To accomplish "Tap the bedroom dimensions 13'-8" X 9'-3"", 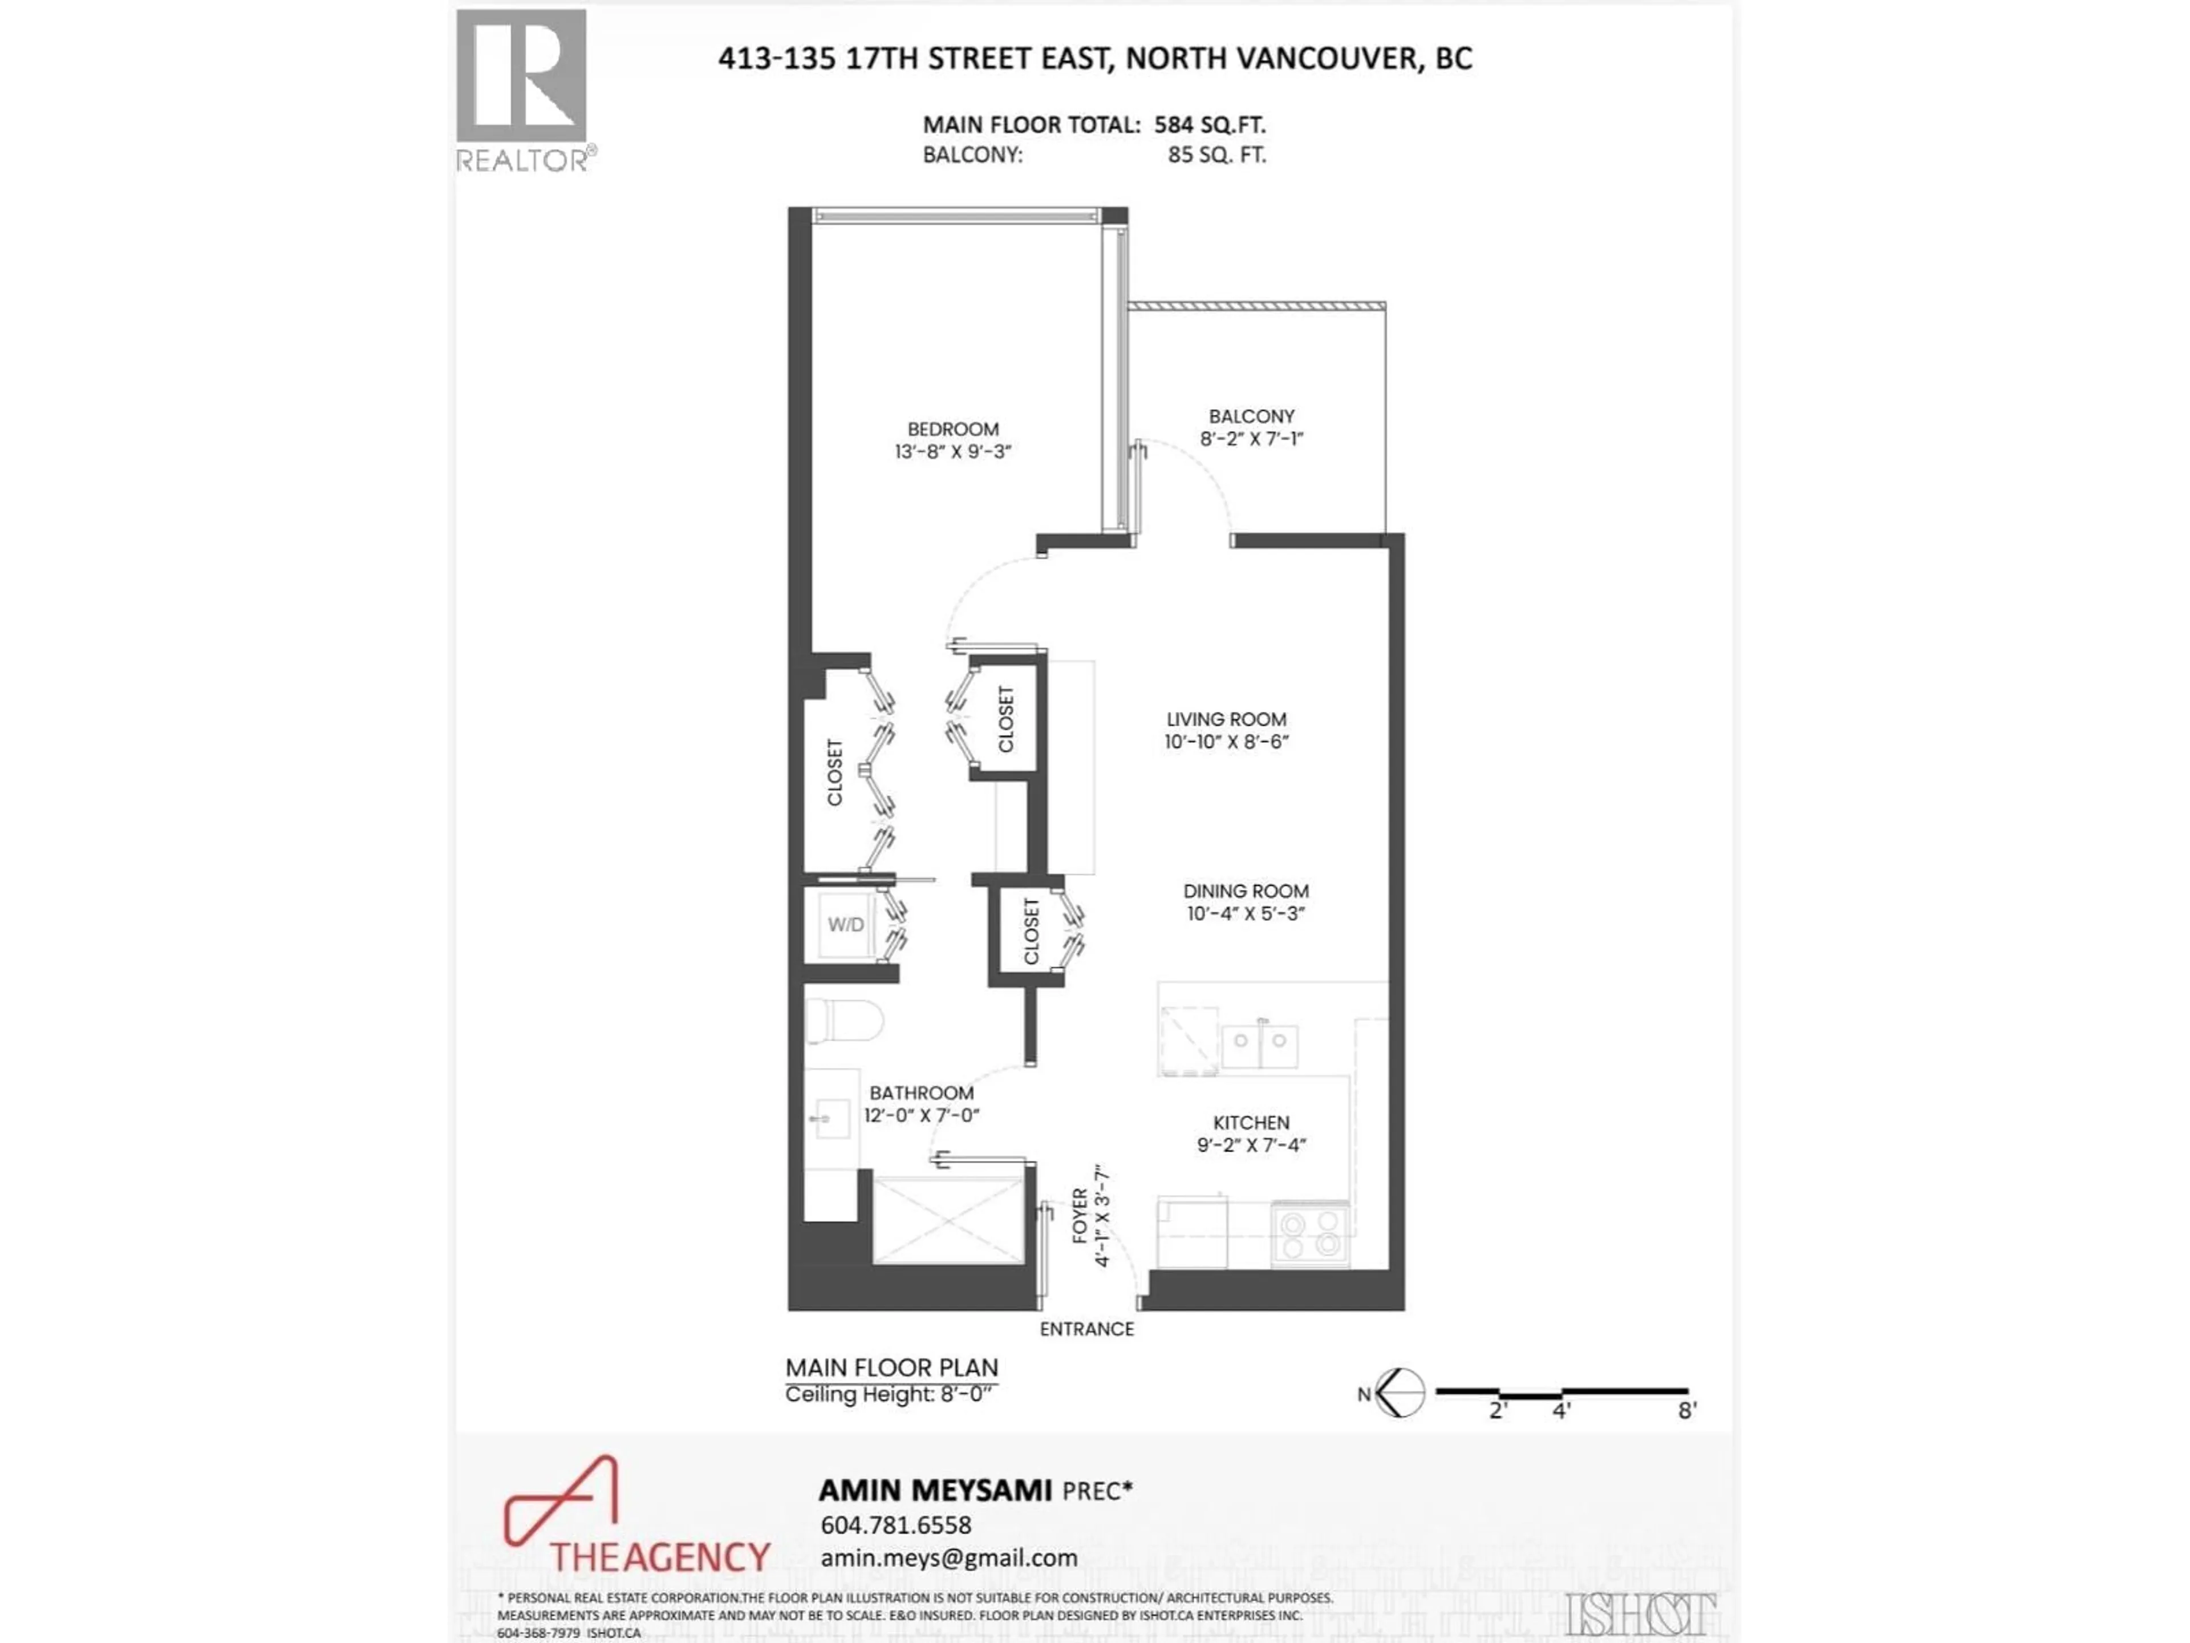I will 952,452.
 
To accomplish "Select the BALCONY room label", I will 1251,417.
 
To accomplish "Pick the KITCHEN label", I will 1251,1123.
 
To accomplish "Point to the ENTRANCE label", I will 1086,1330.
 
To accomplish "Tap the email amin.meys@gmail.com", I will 948,1558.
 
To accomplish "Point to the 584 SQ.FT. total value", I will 1210,126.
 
